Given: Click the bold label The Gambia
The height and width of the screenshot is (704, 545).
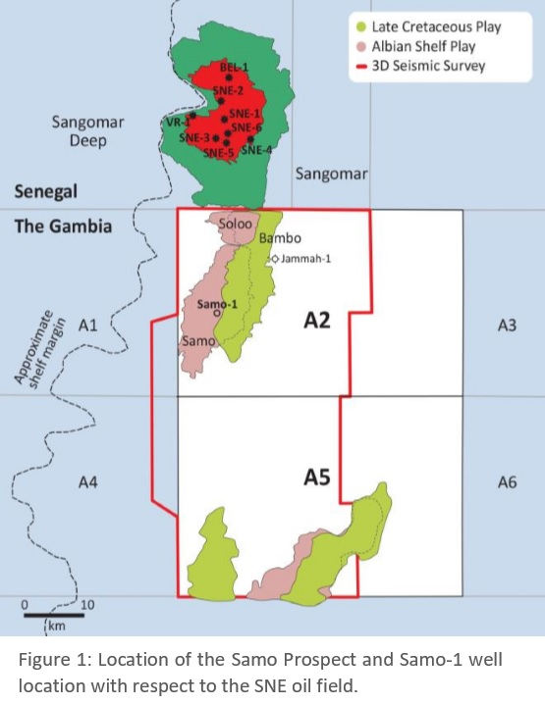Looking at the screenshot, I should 63,226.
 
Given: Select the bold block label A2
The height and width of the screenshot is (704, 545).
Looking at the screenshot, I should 315,320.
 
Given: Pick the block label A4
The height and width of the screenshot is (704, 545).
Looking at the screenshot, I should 89,481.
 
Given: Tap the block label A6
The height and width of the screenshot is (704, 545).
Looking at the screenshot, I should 507,481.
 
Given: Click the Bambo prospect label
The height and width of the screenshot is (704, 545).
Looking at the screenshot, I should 281,238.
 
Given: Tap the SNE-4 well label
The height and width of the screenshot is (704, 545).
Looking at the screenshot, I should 257,150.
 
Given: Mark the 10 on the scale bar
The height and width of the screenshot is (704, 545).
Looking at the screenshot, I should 87,604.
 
